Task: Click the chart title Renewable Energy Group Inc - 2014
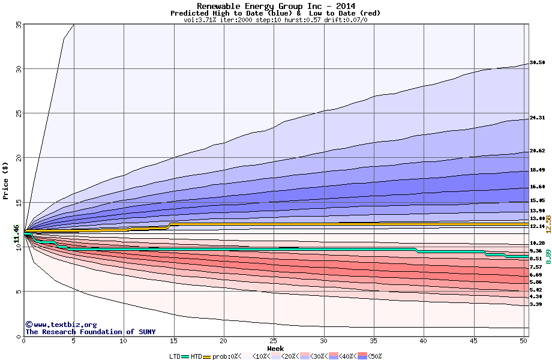[x=275, y=6]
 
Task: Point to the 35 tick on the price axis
[x=18, y=25]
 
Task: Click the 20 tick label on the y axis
[x=18, y=158]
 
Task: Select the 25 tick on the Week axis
[x=273, y=340]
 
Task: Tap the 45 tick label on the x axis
[x=473, y=340]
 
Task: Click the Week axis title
[x=275, y=348]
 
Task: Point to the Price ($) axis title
[x=6, y=181]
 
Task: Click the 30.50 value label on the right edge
[x=537, y=62]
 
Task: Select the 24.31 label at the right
[x=537, y=118]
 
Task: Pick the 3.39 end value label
[x=536, y=304]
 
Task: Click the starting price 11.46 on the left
[x=16, y=234]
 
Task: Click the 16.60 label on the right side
[x=537, y=187]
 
